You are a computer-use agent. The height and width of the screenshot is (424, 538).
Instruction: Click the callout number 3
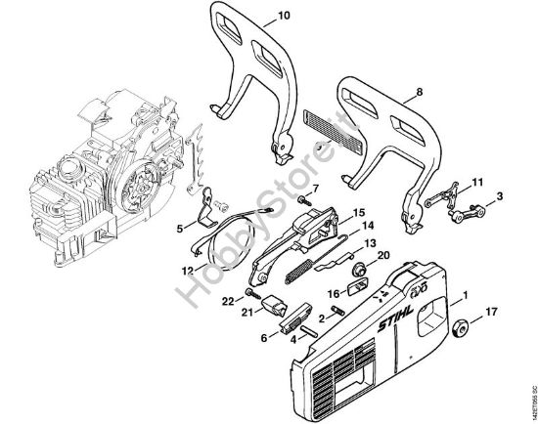tap(501, 196)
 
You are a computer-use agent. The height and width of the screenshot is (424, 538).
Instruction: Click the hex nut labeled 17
tap(461, 325)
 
